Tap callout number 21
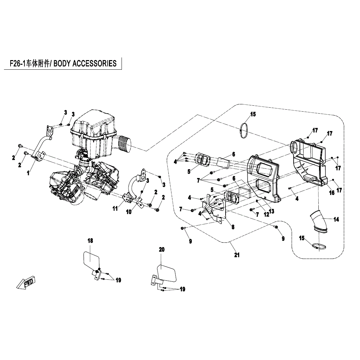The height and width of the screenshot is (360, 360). pos(236,255)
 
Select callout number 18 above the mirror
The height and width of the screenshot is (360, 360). pos(90,241)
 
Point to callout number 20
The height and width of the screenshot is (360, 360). pos(162,250)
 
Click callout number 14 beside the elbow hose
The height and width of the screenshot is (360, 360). pos(336,220)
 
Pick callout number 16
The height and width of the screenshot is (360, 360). pos(332,193)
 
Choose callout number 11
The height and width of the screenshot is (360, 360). pos(115,208)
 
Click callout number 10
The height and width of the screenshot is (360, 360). pos(129,212)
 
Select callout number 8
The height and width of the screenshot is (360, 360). pos(233,227)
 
